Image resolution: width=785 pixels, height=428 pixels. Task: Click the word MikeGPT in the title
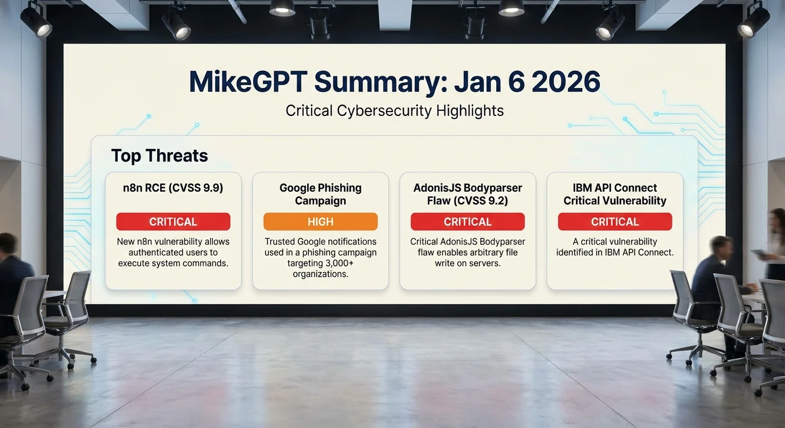tap(248, 81)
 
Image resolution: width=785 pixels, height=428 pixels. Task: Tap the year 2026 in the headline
tap(566, 81)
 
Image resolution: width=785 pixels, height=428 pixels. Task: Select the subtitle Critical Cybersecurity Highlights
tap(395, 111)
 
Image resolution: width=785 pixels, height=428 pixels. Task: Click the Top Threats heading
tap(159, 155)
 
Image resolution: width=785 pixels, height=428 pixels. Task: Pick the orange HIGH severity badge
tap(321, 221)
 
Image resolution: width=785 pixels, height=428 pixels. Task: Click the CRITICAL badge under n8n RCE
tap(173, 221)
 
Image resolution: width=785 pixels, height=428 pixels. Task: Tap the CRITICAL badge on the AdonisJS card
tap(468, 221)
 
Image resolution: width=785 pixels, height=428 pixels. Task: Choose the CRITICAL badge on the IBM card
tap(615, 221)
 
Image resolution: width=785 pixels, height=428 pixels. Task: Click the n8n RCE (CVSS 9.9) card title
tap(173, 188)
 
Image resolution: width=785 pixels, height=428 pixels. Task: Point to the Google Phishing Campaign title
tap(321, 194)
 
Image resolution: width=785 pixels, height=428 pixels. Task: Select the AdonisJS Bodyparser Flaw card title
tap(468, 194)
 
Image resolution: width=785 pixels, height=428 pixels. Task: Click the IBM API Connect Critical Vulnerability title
tap(615, 194)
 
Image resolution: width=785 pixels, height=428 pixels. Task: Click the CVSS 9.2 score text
tap(484, 201)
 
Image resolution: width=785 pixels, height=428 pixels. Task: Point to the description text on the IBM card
tap(615, 247)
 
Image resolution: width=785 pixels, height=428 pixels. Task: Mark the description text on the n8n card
tap(173, 252)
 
